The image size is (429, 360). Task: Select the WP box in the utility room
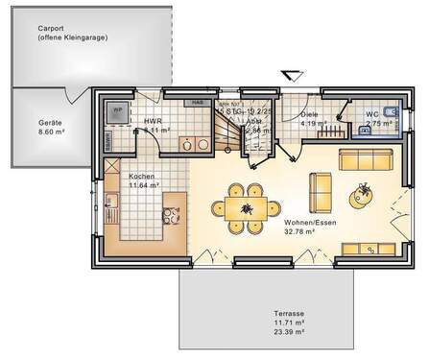tap(118, 111)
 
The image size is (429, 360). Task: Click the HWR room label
tap(153, 122)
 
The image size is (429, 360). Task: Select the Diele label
tap(309, 114)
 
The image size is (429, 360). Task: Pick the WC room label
tap(371, 115)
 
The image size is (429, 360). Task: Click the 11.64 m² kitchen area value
tap(144, 186)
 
